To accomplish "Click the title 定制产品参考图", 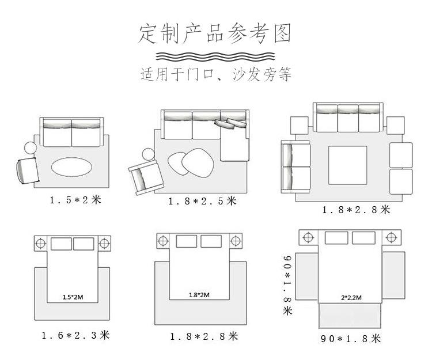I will tap(215, 34).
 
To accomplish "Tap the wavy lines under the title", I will tap(215, 57).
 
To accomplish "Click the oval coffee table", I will tap(71, 168).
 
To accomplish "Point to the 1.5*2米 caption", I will tap(75, 200).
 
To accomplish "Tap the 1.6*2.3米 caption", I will tap(75, 335).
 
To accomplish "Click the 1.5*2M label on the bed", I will tap(72, 298).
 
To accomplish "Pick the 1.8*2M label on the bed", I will tap(199, 295).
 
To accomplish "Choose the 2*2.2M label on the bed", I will tap(351, 298).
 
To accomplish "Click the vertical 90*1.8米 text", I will tap(288, 286).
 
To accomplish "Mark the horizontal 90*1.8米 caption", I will tap(351, 338).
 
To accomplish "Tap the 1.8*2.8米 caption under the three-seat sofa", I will tap(356, 210).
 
